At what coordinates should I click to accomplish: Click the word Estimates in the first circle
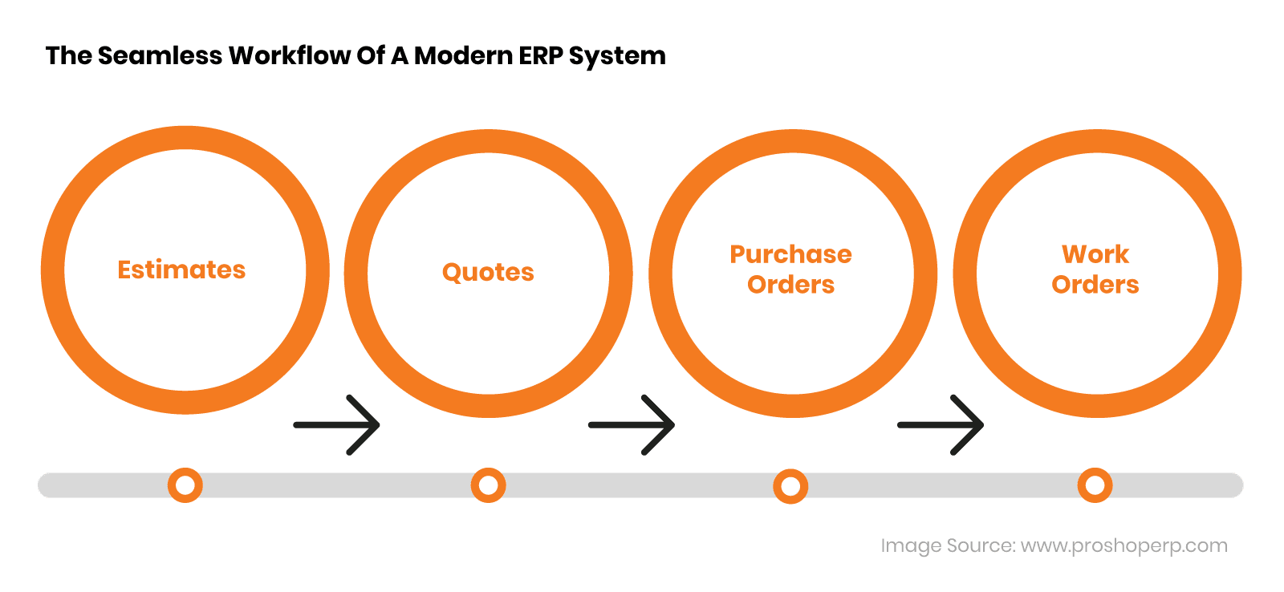click(181, 270)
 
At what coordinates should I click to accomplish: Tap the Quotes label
click(488, 272)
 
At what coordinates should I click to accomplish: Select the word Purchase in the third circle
click(790, 254)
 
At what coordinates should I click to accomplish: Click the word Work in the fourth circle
click(1095, 254)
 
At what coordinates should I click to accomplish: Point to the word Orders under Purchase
click(790, 285)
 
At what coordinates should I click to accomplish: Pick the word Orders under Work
click(1095, 285)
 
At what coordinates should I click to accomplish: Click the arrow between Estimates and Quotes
click(337, 424)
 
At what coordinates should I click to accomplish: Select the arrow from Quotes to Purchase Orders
click(632, 424)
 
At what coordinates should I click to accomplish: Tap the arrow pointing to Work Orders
click(941, 424)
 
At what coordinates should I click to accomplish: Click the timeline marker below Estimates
click(185, 485)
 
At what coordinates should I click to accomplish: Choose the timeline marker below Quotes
click(488, 485)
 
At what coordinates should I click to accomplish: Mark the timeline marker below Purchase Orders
click(790, 486)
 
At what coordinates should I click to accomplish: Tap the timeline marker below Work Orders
click(1095, 485)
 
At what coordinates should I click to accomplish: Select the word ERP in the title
click(541, 55)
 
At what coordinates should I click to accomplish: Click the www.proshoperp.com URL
click(1123, 545)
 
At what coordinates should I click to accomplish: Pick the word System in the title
click(617, 56)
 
